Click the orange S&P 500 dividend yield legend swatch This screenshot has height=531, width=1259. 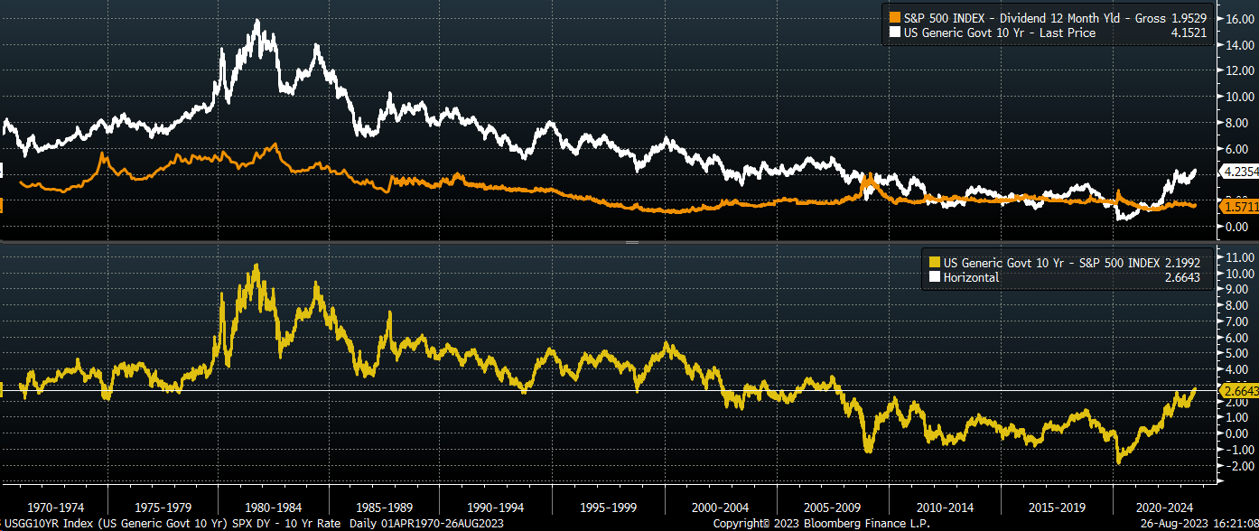click(896, 18)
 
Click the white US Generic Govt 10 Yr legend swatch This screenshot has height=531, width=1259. click(896, 33)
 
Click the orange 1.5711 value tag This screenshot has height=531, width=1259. click(1237, 207)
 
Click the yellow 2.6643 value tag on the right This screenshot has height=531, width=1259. click(1237, 391)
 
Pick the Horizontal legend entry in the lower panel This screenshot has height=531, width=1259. click(972, 277)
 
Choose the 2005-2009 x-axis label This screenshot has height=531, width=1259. click(833, 507)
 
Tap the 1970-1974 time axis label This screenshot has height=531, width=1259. click(56, 507)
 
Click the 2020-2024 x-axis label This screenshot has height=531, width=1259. click(1165, 507)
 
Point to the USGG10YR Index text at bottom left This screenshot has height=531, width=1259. click(43, 524)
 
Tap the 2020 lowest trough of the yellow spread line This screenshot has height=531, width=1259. click(1120, 462)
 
